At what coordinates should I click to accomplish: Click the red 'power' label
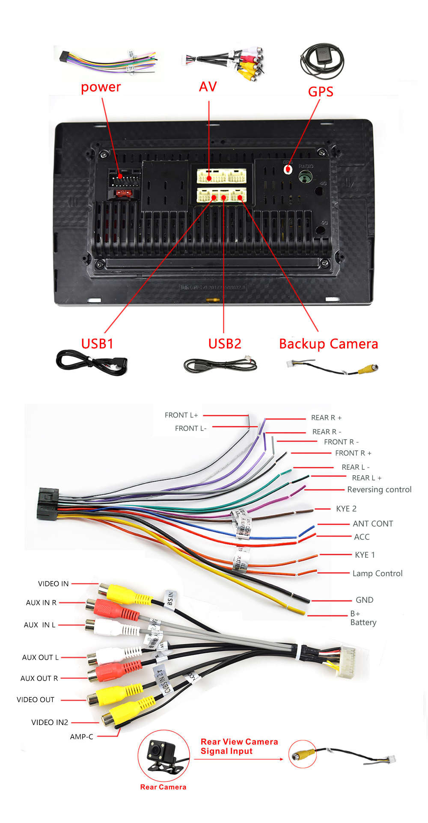101,87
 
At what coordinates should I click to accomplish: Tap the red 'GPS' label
321,92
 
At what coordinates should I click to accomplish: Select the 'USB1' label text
97,343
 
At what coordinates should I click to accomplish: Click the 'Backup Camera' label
328,344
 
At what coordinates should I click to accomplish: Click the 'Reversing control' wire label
379,489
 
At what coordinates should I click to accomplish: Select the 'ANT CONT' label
373,524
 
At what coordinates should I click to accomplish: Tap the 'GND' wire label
365,600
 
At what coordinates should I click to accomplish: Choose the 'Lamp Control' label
377,573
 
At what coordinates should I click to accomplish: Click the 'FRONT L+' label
181,415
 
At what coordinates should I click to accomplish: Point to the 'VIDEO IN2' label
50,722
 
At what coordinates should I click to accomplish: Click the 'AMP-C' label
81,737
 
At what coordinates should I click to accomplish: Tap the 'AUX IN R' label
41,602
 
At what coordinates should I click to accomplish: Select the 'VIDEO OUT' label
36,699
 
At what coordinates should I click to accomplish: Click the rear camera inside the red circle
162,755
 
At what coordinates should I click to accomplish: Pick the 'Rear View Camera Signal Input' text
239,746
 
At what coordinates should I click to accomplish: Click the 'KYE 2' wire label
346,509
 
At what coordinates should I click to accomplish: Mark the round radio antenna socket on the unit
305,176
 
